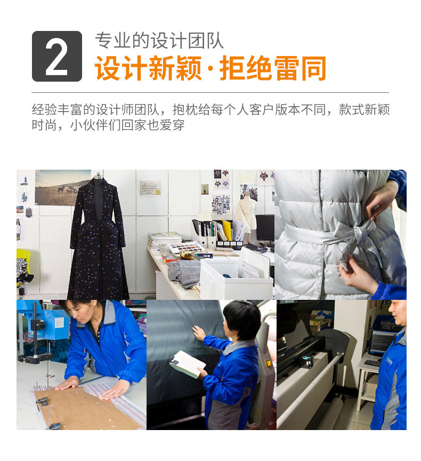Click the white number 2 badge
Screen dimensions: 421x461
coord(56,56)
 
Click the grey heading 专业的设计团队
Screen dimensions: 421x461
coord(159,41)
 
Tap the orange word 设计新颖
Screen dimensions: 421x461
coord(148,68)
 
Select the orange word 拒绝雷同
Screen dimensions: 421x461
coord(273,68)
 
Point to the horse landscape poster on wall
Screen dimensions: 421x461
coord(63,188)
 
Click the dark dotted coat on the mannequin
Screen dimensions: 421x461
coord(98,238)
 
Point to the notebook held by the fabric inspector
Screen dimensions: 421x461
coord(187,364)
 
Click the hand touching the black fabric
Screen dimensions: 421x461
coord(199,333)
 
